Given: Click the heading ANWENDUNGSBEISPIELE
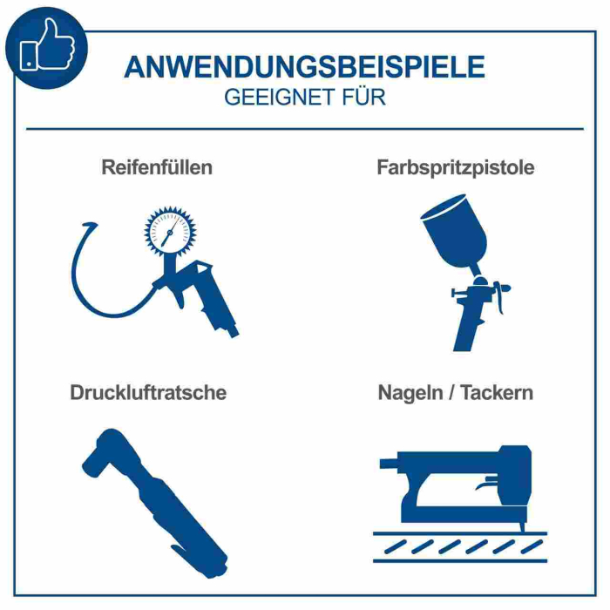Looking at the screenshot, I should coord(304,67).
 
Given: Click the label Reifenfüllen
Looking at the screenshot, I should coord(157,167).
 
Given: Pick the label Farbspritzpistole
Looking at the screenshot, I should coord(455,167).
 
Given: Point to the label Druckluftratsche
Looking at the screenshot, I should coord(148,392).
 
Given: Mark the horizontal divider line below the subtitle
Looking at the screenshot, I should coord(304,129).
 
